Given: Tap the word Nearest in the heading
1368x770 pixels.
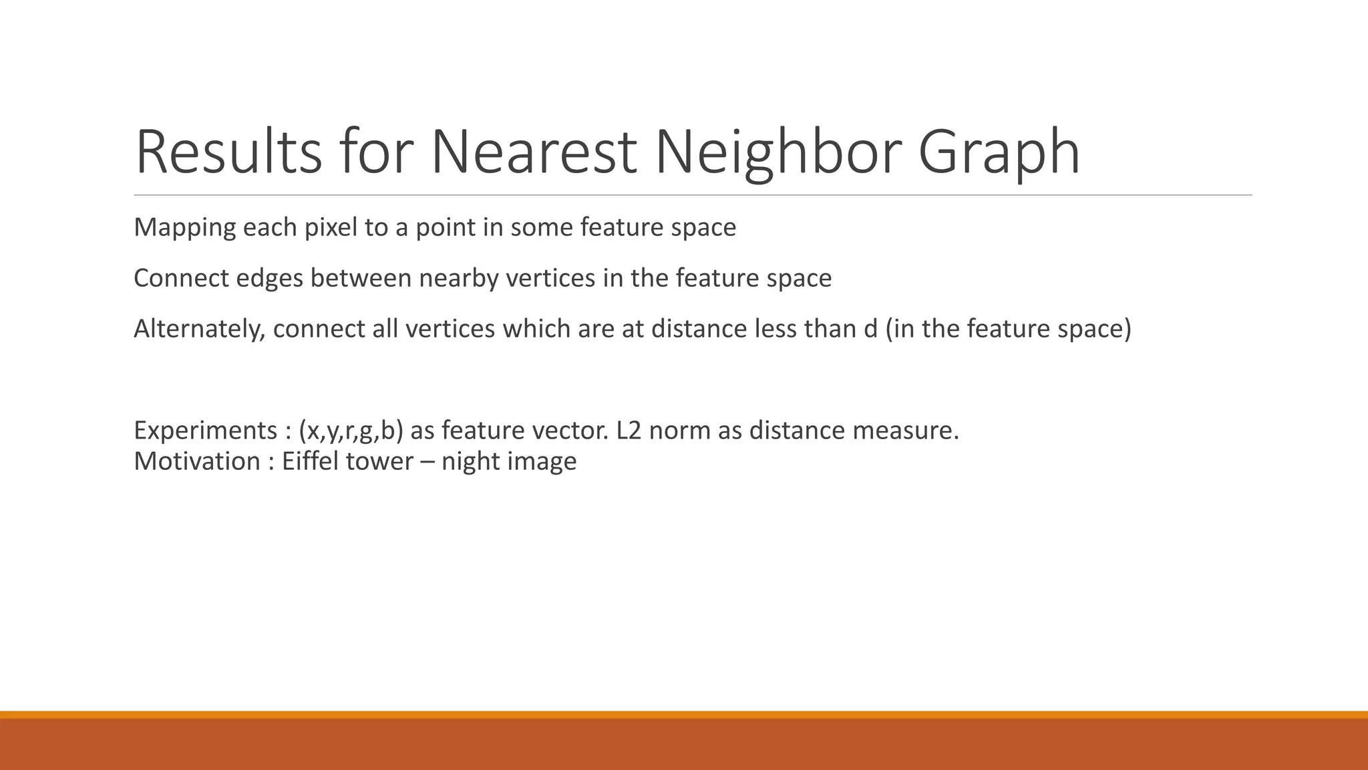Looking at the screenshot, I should coord(533,152).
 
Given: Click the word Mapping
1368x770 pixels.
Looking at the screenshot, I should coord(184,227).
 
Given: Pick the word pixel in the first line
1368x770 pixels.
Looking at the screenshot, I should coord(330,227).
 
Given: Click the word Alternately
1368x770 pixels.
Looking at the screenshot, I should coord(199,329).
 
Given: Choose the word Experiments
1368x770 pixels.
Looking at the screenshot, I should coord(205,430).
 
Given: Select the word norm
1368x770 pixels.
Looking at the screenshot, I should coord(680,430).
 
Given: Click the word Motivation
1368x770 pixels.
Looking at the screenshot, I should coord(197,461).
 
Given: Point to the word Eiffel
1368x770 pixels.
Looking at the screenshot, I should coord(310,461).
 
